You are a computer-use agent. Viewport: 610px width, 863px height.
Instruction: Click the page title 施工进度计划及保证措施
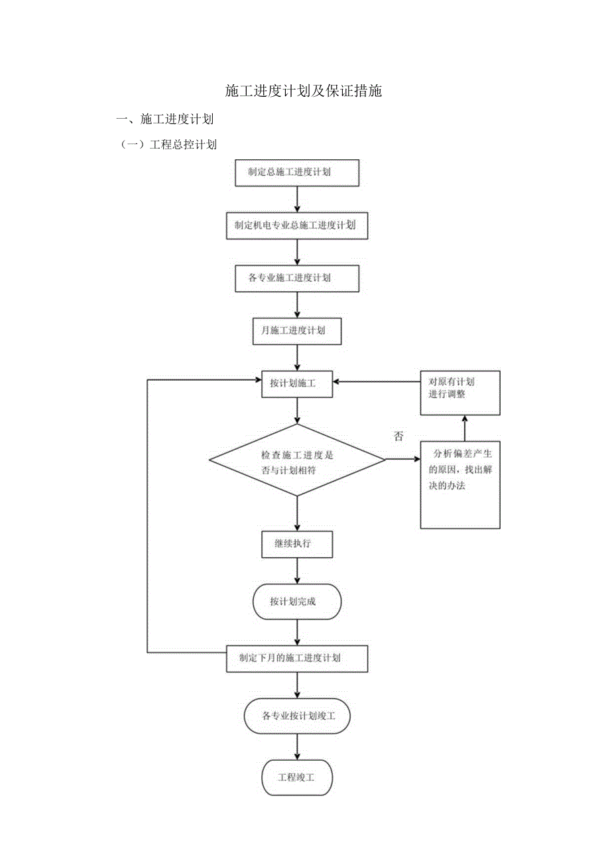[x=304, y=92]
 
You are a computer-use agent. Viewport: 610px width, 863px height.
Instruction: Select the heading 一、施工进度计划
[x=164, y=120]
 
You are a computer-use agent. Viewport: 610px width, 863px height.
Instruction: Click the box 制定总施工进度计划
[x=297, y=172]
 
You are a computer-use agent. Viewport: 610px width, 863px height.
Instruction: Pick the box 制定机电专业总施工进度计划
[x=297, y=226]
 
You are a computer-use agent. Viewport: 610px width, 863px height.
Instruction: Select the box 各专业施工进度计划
[x=297, y=278]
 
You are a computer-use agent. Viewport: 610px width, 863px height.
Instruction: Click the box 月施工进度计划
[x=297, y=331]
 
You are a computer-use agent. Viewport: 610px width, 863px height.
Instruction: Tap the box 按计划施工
[x=297, y=383]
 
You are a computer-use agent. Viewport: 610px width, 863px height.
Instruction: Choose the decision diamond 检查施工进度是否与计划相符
[x=297, y=460]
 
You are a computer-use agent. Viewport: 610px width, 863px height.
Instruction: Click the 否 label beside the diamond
[x=398, y=436]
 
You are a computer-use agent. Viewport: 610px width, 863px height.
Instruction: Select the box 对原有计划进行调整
[x=460, y=393]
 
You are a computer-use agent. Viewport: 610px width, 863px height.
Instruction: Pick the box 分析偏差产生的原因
[x=460, y=484]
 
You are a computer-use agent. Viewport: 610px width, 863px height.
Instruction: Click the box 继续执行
[x=297, y=545]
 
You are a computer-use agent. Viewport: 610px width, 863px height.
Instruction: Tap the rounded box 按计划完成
[x=297, y=602]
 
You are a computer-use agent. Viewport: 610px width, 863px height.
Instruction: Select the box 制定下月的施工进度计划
[x=297, y=658]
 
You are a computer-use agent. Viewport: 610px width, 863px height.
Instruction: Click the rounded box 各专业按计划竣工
[x=297, y=716]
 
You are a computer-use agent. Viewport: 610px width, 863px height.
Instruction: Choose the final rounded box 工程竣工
[x=297, y=777]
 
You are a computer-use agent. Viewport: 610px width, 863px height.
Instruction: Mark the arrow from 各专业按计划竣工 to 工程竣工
[x=297, y=747]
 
